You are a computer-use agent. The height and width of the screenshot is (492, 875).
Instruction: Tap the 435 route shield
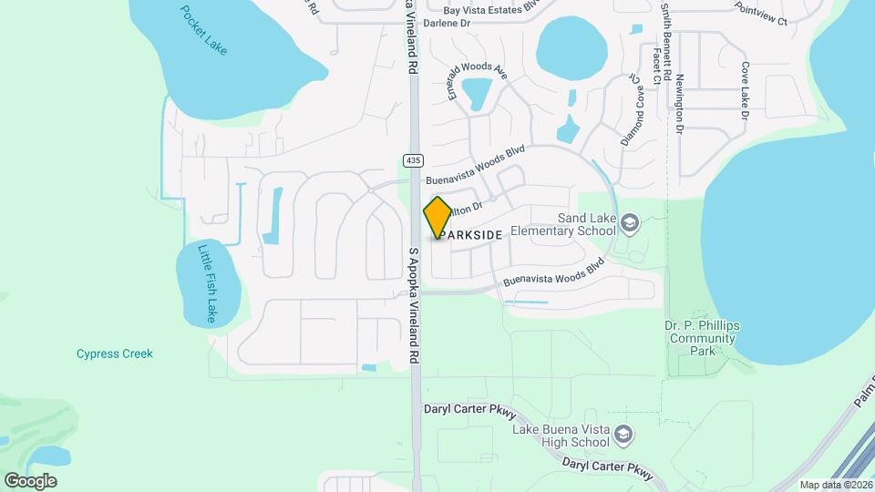pyautogui.click(x=413, y=160)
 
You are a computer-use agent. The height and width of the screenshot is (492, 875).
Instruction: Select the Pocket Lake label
pyautogui.click(x=203, y=30)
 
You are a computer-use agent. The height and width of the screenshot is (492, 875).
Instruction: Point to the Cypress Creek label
pyautogui.click(x=115, y=354)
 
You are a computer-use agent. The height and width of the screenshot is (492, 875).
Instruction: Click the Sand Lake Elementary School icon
pyautogui.click(x=629, y=223)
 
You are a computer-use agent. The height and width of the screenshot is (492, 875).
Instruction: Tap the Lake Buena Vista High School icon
pyautogui.click(x=623, y=435)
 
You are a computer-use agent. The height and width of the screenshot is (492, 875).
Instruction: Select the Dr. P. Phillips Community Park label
pyautogui.click(x=701, y=338)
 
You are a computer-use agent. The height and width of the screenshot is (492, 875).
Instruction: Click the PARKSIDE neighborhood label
pyautogui.click(x=469, y=235)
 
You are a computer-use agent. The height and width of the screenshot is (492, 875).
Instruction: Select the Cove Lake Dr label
pyautogui.click(x=745, y=91)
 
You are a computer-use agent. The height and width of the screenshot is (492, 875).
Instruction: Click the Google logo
pyautogui.click(x=30, y=480)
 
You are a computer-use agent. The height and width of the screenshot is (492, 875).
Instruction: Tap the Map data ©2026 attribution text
pyautogui.click(x=835, y=485)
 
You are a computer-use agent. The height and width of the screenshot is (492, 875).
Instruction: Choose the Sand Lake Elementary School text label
pyautogui.click(x=564, y=224)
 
